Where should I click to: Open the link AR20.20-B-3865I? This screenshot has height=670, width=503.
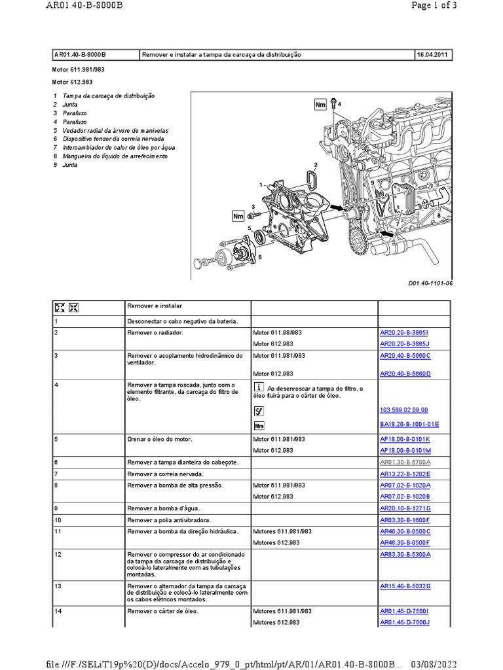coord(405,332)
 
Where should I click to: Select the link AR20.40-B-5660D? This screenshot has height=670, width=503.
coord(405,374)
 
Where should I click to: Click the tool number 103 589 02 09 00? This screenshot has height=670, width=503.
coord(404,410)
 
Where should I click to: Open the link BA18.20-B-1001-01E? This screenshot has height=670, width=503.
coord(409,425)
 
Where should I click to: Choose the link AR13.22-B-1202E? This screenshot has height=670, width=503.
coord(405,473)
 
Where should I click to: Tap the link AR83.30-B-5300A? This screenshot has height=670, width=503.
coord(405,554)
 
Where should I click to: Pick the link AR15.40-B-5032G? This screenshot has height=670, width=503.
coord(405,586)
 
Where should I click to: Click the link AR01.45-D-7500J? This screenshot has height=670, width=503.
coord(405,622)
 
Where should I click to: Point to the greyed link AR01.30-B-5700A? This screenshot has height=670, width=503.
coord(405,462)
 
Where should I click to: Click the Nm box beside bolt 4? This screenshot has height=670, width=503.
coord(320,105)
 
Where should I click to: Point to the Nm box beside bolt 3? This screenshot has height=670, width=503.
coord(238,215)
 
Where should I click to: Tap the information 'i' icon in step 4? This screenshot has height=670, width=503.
coord(259,387)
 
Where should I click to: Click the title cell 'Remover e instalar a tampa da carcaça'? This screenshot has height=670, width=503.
coord(221,55)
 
